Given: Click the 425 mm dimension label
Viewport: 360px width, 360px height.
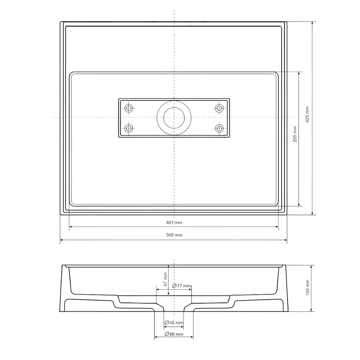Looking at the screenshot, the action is pos(307,114).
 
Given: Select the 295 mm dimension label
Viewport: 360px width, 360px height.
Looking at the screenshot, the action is pos(295,134).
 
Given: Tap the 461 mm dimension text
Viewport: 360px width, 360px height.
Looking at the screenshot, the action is pos(174,222).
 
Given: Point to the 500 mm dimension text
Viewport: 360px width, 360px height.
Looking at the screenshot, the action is pos(174,235).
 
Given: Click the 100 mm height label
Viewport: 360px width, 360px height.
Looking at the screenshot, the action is pos(308,288).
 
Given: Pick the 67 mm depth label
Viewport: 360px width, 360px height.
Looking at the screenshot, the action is pos(165,279).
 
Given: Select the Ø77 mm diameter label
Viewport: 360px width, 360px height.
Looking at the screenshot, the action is pos(181,286).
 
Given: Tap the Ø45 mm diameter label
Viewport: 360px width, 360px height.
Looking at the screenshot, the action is pos(174,323).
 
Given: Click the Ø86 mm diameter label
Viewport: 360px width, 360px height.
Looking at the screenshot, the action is pos(174,333).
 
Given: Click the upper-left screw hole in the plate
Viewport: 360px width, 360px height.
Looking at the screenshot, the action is pos(129,108).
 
